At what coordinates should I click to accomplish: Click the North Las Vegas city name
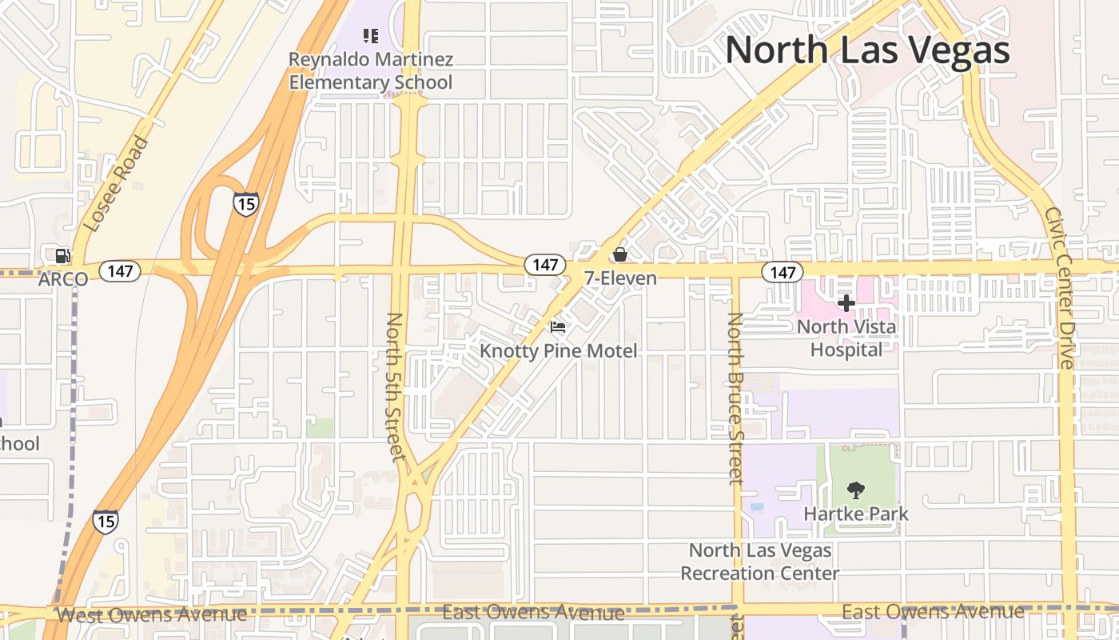[x=867, y=50]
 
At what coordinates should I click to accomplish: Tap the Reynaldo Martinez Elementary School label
[x=370, y=70]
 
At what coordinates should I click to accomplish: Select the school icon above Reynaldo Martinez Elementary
[x=370, y=35]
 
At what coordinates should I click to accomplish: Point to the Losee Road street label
[x=117, y=184]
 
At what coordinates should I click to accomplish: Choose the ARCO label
[x=62, y=280]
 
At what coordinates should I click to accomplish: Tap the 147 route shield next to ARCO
[x=120, y=271]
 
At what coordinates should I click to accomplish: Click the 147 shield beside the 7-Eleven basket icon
[x=545, y=264]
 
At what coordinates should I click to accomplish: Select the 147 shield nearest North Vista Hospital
[x=782, y=272]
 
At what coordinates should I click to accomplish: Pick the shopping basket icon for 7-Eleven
[x=619, y=254]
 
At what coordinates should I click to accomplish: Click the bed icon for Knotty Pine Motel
[x=558, y=326]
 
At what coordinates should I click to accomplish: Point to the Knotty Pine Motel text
[x=558, y=350]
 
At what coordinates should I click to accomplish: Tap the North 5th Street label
[x=396, y=386]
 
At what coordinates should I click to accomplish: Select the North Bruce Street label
[x=735, y=398]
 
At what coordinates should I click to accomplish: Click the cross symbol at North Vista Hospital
[x=846, y=303]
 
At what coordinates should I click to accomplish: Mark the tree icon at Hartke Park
[x=855, y=490]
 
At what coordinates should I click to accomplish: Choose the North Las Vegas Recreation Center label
[x=759, y=562]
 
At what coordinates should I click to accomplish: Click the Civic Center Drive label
[x=1060, y=288]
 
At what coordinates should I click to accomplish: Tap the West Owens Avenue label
[x=152, y=614]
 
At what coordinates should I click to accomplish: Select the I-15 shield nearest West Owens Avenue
[x=106, y=522]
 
